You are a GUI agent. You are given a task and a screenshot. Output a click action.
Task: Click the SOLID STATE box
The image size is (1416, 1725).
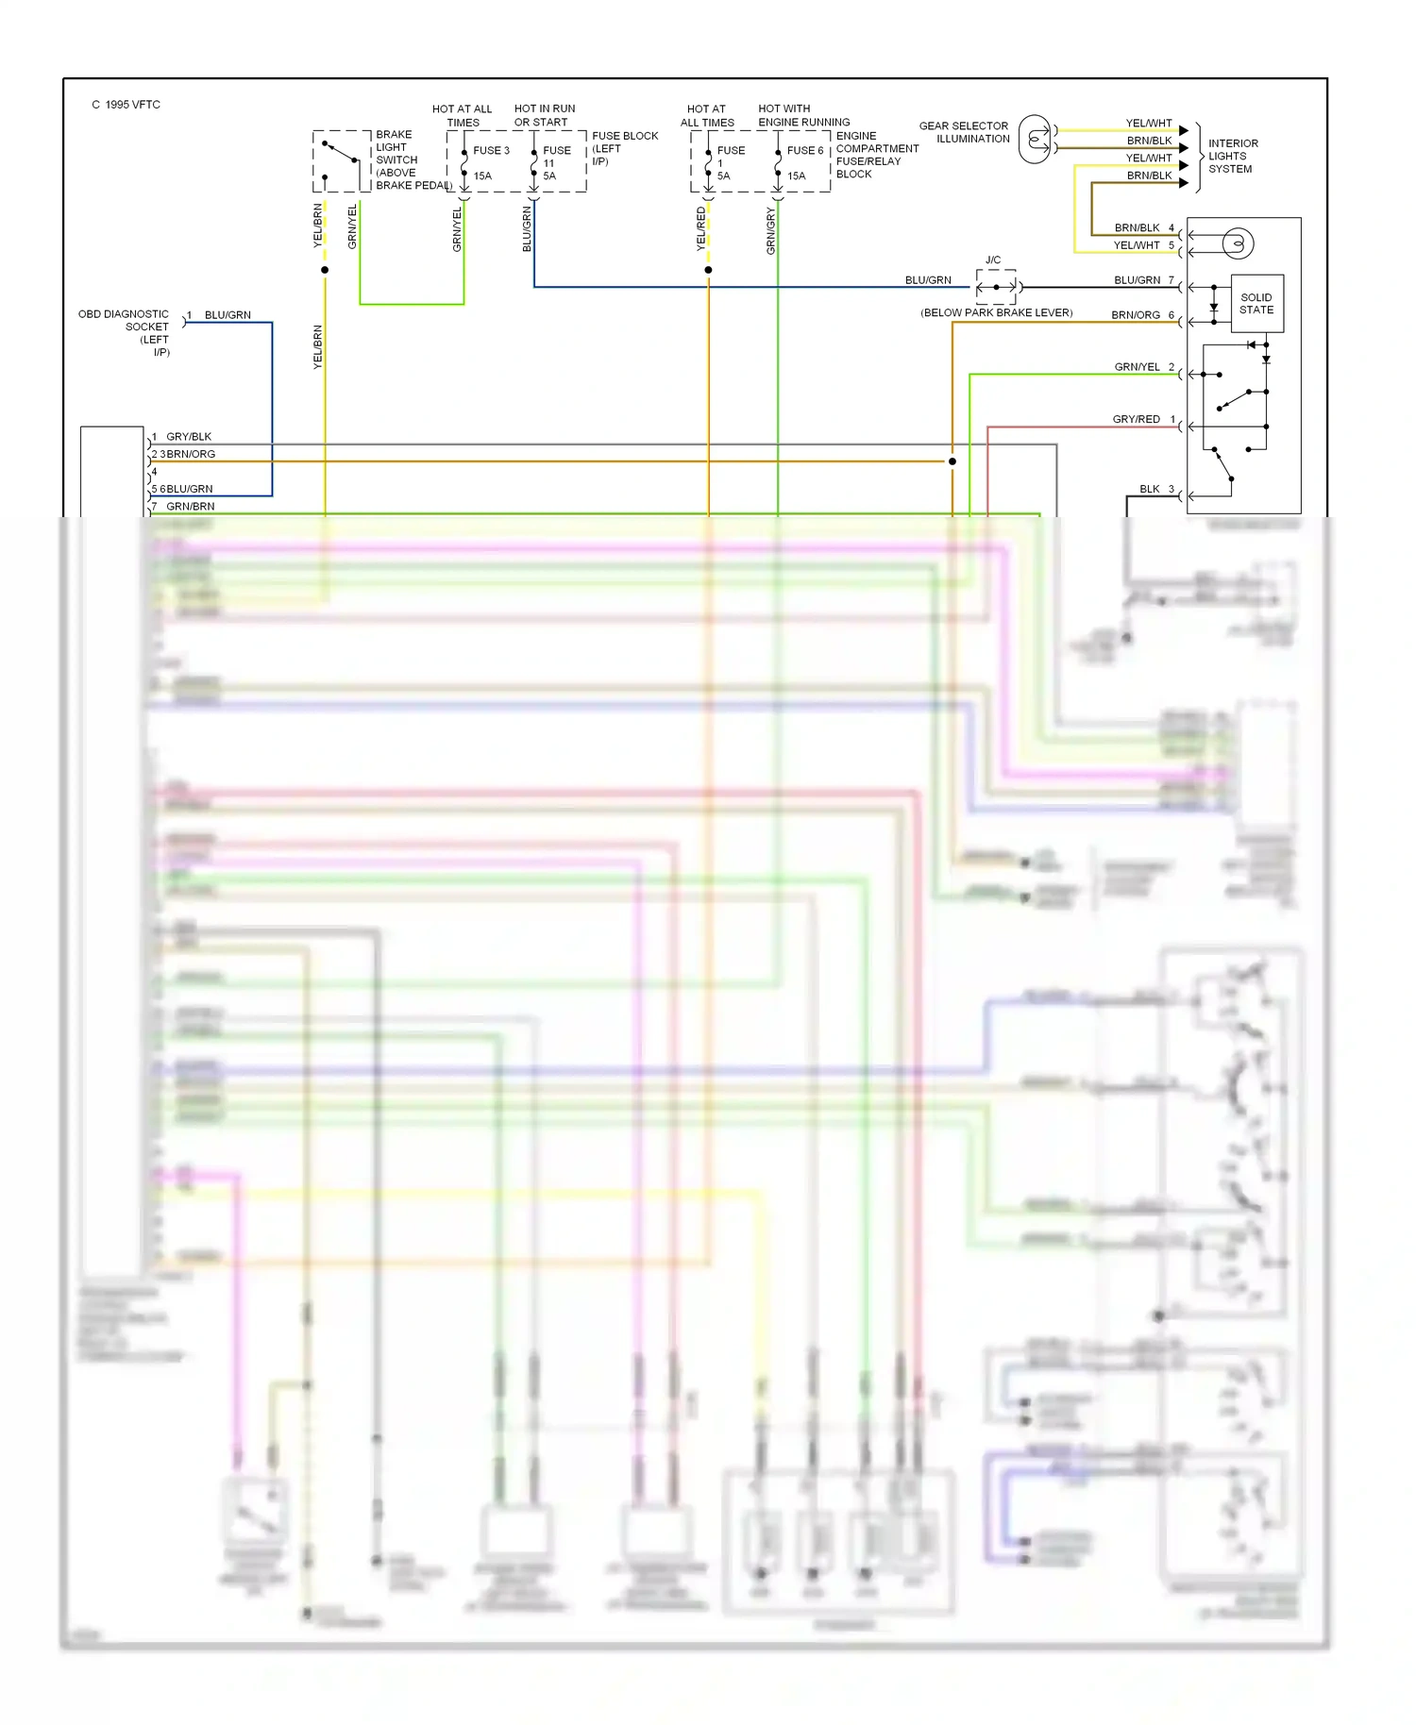tap(1256, 304)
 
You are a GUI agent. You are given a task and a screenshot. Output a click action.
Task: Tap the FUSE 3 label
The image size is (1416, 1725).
tap(491, 151)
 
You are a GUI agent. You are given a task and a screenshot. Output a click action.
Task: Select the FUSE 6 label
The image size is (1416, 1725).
tap(805, 151)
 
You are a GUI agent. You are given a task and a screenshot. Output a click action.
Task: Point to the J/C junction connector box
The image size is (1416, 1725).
tap(996, 286)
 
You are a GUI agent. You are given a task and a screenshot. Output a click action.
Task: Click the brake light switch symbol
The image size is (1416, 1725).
tap(341, 160)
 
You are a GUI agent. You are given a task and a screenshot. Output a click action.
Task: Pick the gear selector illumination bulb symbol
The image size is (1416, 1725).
tap(1036, 140)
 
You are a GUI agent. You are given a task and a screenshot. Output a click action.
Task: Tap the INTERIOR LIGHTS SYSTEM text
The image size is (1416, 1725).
tap(1233, 157)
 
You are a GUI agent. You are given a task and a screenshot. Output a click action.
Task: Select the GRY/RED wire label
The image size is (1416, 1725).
tap(1136, 419)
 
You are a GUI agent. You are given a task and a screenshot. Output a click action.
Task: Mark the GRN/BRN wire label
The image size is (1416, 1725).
tap(190, 507)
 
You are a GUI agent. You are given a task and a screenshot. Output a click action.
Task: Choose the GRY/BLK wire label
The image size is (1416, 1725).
tap(189, 437)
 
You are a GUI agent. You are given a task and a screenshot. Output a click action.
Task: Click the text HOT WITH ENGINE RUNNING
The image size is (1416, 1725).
tap(803, 115)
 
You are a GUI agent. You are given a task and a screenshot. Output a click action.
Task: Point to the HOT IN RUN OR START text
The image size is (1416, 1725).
tap(544, 115)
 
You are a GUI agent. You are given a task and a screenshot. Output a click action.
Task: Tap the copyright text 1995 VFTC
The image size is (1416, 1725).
tap(126, 105)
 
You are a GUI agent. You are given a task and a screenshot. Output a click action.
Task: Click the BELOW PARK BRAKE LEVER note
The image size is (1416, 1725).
tap(996, 313)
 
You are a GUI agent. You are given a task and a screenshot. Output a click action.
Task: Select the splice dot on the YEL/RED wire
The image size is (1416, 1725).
tap(708, 270)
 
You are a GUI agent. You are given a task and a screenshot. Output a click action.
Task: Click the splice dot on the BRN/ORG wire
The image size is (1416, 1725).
tap(952, 461)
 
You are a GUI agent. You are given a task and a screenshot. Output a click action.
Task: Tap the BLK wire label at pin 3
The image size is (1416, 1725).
tap(1149, 489)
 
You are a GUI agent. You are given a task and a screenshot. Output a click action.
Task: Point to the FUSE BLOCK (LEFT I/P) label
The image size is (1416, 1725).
tap(624, 148)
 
